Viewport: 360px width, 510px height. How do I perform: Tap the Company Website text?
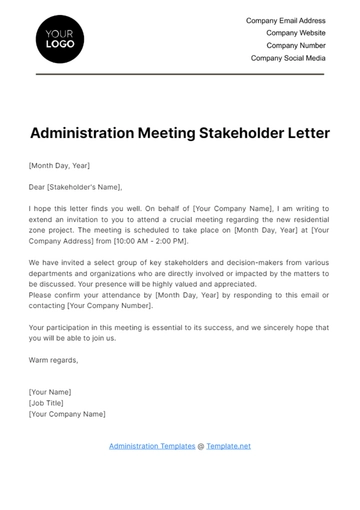(296, 32)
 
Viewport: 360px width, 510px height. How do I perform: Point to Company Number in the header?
(296, 45)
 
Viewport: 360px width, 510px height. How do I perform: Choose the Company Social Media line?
(288, 58)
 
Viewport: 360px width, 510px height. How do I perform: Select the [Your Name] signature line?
(51, 392)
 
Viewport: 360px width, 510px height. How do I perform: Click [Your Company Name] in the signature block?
(68, 413)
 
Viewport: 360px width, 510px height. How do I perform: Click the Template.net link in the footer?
(229, 446)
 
